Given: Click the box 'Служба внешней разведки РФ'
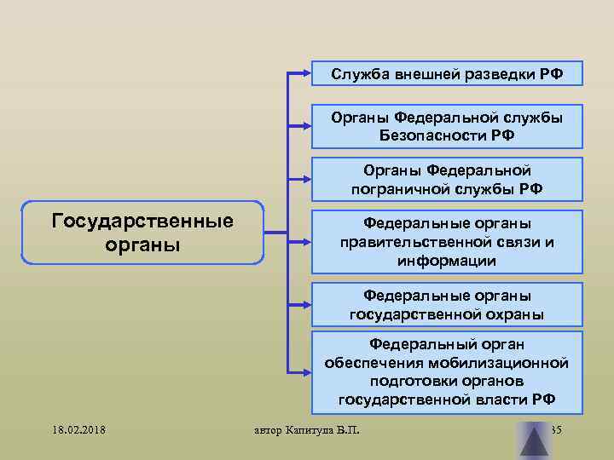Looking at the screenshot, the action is click(447, 74).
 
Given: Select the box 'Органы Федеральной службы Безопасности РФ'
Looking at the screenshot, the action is click(447, 126).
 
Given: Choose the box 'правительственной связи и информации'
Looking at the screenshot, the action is click(447, 242).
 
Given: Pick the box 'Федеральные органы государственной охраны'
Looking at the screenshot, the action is click(447, 305).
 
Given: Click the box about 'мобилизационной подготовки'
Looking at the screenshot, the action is click(447, 371).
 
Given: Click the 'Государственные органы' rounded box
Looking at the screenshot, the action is click(142, 233).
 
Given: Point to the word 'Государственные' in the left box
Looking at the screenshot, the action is click(142, 221).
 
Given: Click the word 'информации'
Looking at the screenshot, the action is click(447, 262).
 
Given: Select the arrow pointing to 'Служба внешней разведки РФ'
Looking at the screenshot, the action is click(300, 74).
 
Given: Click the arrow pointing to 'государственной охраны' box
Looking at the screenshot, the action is click(300, 305).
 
